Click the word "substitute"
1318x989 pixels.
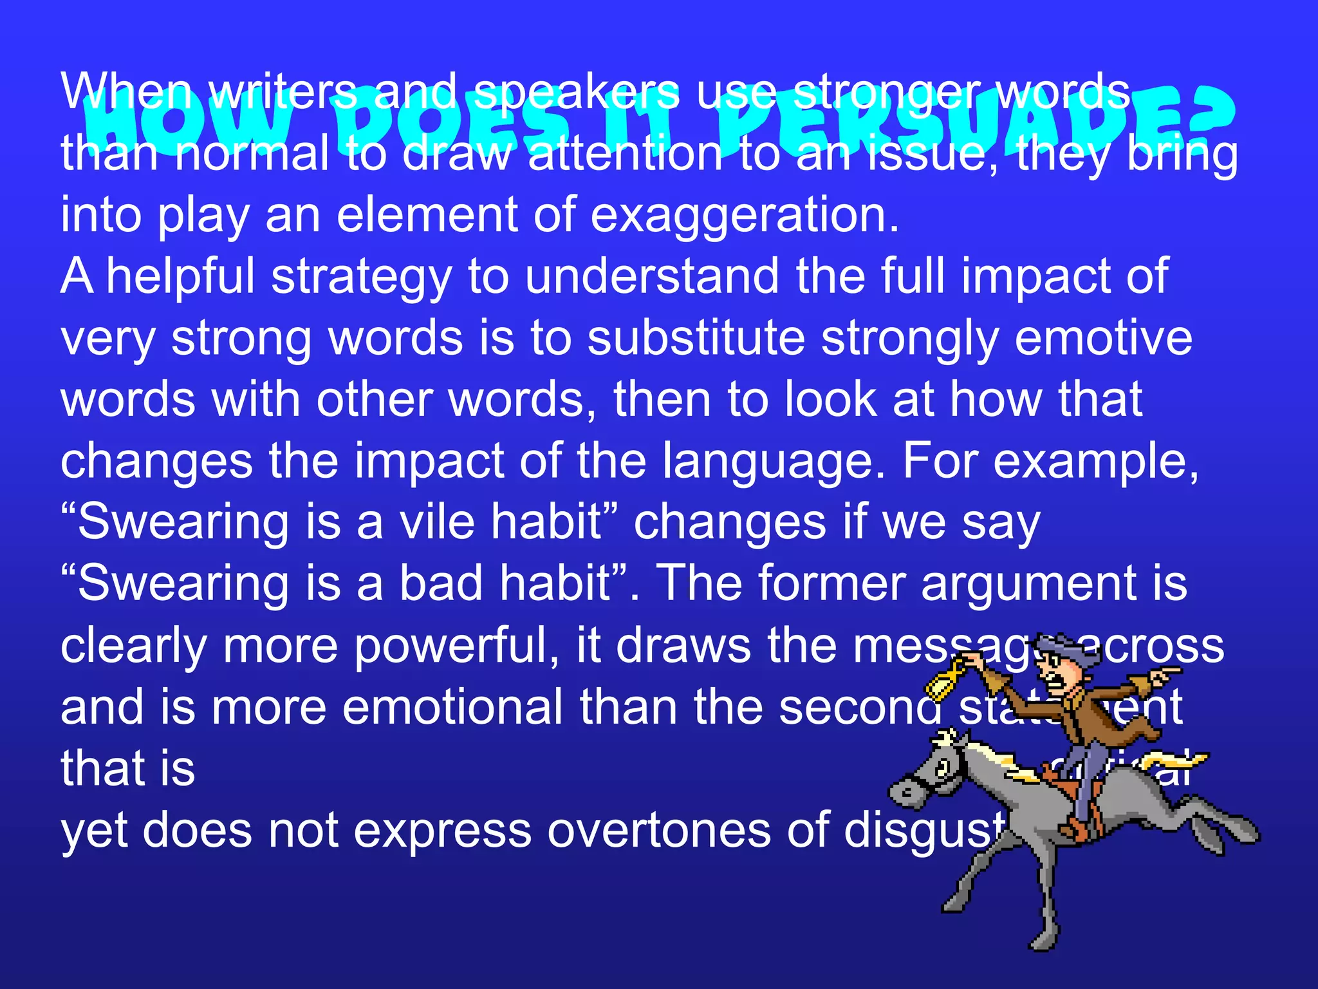(x=696, y=338)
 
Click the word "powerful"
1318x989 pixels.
(x=456, y=645)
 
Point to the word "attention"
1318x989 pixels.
(x=625, y=155)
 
